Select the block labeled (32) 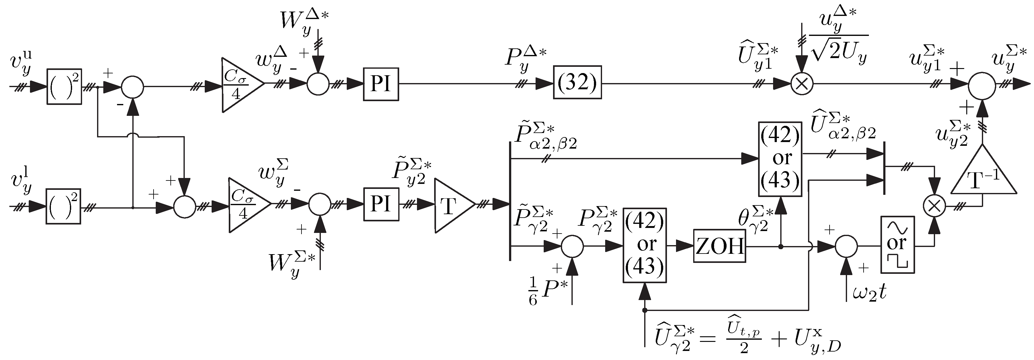(x=577, y=82)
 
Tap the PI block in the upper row (x=380, y=84)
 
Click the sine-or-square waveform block (x=898, y=245)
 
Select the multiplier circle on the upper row (x=801, y=84)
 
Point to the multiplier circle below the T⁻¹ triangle (x=934, y=206)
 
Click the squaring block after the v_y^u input (x=64, y=86)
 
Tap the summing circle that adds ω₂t (x=846, y=246)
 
